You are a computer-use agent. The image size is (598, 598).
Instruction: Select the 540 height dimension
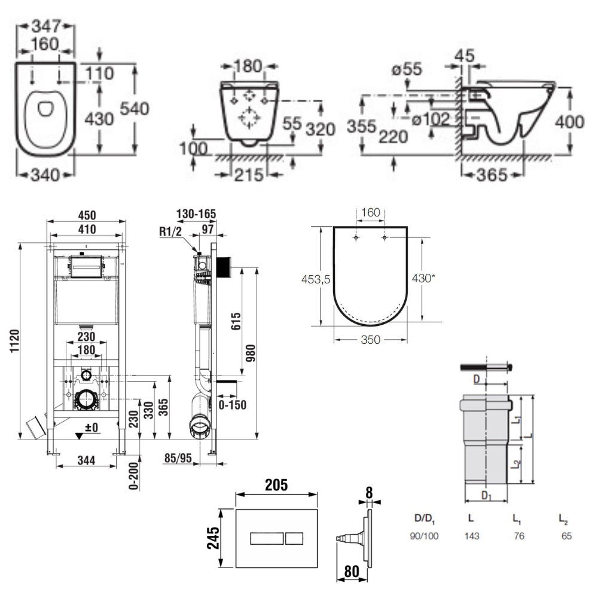pos(135,109)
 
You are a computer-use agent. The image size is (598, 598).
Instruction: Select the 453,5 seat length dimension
pos(315,279)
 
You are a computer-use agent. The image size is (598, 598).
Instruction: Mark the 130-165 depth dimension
pos(197,214)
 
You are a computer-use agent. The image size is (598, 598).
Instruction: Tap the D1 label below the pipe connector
pos(487,496)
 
